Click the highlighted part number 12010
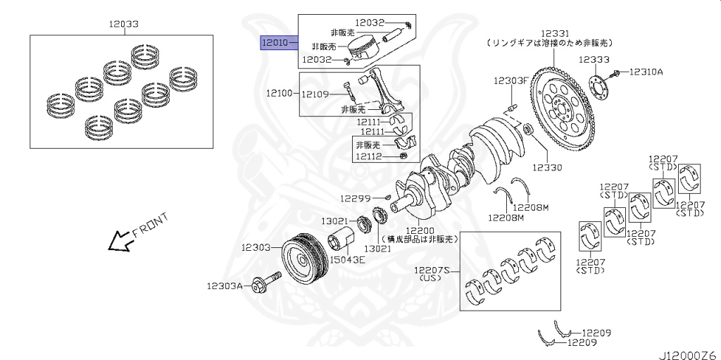pos(275,44)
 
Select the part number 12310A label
pos(646,71)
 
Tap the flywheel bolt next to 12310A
pos(616,72)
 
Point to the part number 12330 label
pos(546,168)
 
